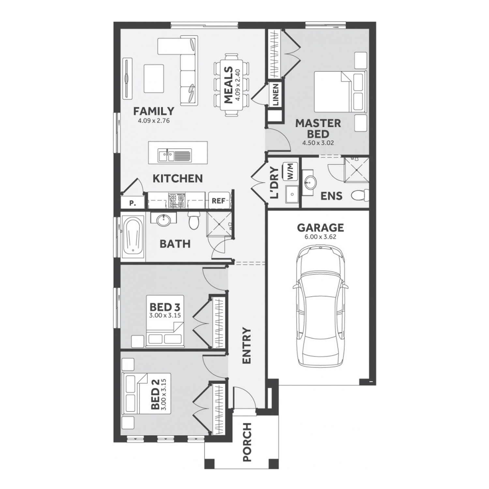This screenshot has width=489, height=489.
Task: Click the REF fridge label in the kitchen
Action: click(x=218, y=200)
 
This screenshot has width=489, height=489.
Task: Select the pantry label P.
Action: click(x=132, y=203)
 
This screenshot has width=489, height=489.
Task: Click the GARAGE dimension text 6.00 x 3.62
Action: click(x=320, y=237)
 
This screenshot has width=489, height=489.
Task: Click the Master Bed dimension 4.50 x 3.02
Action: click(x=318, y=143)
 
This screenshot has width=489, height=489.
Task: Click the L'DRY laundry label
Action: click(x=275, y=183)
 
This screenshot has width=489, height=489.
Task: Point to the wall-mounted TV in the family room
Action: click(x=127, y=78)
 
